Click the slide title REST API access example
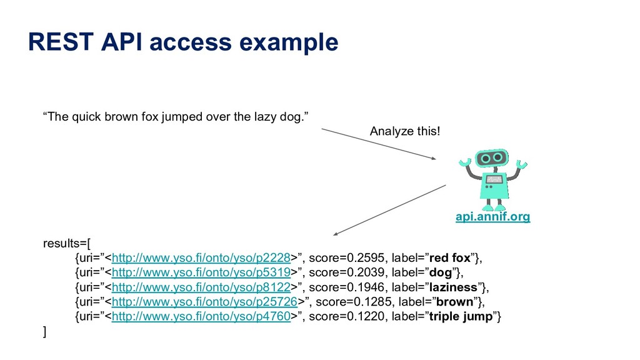(x=183, y=42)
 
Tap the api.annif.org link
(x=492, y=217)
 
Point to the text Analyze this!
(x=404, y=132)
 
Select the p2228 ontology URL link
(x=201, y=257)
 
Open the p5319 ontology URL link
(x=201, y=272)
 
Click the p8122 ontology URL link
(x=201, y=287)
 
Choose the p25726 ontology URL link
(x=204, y=302)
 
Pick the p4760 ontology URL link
(x=201, y=317)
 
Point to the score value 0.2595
(x=357, y=257)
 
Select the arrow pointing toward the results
(x=389, y=210)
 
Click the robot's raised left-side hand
(x=464, y=164)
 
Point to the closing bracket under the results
(x=44, y=332)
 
